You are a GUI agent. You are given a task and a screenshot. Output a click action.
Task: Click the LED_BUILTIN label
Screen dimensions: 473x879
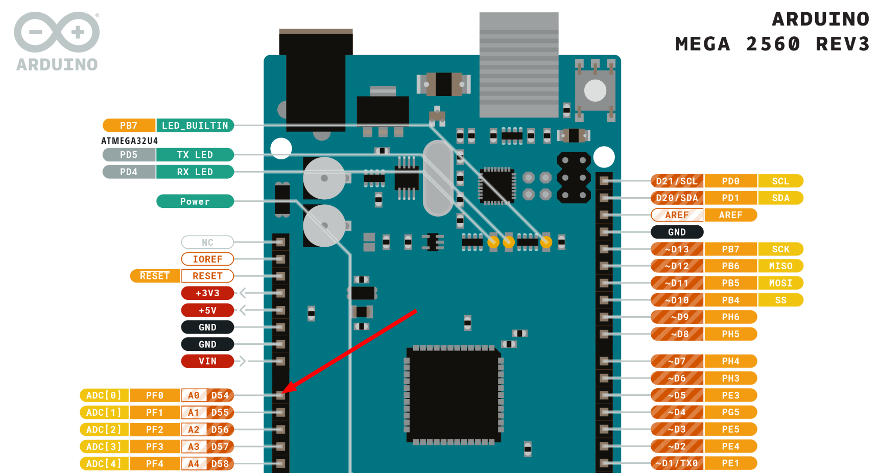[x=195, y=126]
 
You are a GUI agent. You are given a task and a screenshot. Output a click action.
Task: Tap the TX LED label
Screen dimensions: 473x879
[x=195, y=155]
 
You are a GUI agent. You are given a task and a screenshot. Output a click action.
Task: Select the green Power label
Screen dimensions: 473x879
[x=195, y=202]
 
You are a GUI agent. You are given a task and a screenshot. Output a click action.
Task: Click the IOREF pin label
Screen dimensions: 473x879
[x=207, y=259]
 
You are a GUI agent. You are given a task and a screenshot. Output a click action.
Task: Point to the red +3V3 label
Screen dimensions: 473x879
[x=207, y=293]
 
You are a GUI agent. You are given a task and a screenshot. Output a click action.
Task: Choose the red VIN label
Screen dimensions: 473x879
[x=207, y=361]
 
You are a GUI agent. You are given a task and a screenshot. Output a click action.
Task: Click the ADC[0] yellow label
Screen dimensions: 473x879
[x=104, y=395]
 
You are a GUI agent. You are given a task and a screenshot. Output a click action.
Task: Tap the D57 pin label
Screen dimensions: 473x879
[x=220, y=447]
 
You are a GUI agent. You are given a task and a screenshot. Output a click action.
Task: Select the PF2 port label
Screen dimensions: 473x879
[x=155, y=430]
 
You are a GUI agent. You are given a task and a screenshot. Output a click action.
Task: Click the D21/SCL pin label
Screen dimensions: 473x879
[x=677, y=181]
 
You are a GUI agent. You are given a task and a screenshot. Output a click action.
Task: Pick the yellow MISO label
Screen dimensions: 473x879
[x=780, y=266]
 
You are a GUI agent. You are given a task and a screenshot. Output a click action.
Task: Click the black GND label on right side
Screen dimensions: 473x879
[x=677, y=232]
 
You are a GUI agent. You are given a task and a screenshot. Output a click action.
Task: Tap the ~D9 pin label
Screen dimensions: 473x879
[x=679, y=317]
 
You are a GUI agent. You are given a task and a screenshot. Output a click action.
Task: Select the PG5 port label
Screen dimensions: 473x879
[x=730, y=412]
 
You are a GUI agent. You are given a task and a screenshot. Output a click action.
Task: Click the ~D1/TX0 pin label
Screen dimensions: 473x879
[x=677, y=463]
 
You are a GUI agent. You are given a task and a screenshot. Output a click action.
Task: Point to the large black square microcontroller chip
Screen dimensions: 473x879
[x=454, y=395]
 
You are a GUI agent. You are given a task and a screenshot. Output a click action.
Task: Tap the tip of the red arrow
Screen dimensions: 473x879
[x=283, y=392]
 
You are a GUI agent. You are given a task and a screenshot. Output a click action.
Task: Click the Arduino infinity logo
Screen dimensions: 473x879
[x=57, y=32]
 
